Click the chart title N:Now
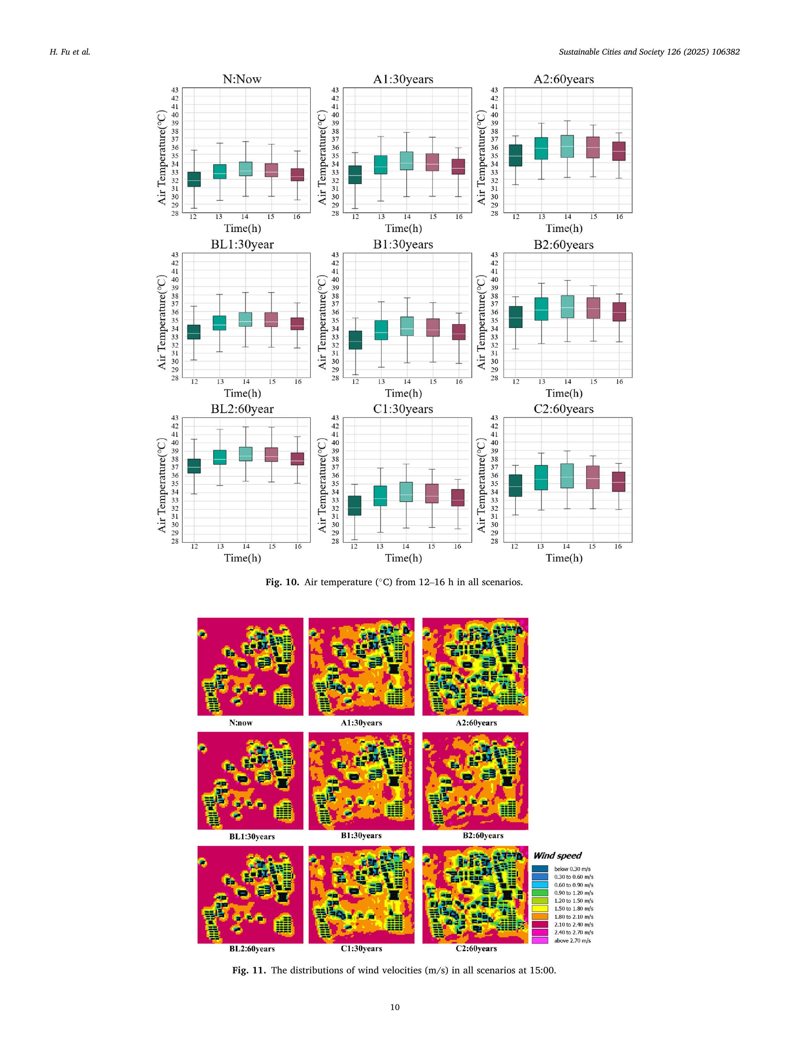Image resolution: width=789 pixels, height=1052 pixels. coord(242,79)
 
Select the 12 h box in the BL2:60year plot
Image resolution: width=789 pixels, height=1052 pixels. coord(194,466)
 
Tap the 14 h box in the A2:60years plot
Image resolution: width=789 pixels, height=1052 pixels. coord(567,146)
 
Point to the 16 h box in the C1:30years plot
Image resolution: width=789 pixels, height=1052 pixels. coord(458,497)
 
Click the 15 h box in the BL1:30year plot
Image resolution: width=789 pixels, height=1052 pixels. coord(271,319)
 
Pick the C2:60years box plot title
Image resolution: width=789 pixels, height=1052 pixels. coord(563,409)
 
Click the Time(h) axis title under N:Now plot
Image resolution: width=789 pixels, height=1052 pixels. coord(242,228)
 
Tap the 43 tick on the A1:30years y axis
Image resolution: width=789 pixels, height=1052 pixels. coord(335,90)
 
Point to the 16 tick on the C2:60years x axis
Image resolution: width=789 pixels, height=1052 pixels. coord(618,547)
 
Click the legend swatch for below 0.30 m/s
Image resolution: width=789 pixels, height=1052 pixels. coord(540,869)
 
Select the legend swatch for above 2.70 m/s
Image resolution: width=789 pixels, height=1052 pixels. coord(540,940)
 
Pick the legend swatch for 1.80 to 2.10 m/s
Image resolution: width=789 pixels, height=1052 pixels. coord(540,916)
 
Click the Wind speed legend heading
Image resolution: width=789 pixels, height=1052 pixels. coord(557,855)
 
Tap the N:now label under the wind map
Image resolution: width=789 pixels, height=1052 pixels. coord(240,723)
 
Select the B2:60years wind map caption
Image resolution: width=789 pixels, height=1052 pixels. coord(483,835)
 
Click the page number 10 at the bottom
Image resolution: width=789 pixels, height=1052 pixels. coord(395,1007)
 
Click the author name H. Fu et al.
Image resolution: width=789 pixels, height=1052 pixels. coord(70,52)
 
